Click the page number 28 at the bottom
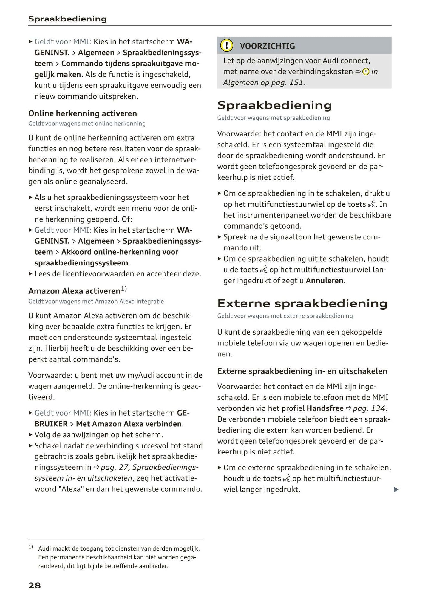(35, 585)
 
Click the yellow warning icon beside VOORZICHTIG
(226, 46)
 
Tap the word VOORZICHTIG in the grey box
(267, 46)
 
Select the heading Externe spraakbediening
(302, 304)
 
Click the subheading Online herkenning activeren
(83, 113)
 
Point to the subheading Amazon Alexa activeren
(74, 291)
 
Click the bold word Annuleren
(325, 281)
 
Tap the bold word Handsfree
(325, 408)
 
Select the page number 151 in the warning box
(296, 83)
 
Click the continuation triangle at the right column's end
(396, 490)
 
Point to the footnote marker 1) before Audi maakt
(31, 548)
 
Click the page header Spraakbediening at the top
(67, 19)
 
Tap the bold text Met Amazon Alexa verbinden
(129, 424)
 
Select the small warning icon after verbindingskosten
(366, 72)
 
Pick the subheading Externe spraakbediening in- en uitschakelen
(302, 371)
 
